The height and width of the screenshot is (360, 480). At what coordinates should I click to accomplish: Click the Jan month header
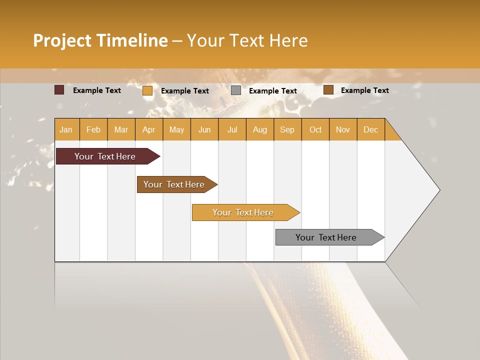(x=66, y=129)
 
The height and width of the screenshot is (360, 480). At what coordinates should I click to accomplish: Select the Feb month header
(x=93, y=129)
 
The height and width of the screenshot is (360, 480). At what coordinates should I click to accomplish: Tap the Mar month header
(x=121, y=129)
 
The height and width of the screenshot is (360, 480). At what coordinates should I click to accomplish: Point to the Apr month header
(x=148, y=129)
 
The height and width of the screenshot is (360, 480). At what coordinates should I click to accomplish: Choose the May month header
(x=176, y=129)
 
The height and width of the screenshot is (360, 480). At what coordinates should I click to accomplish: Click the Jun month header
(x=204, y=129)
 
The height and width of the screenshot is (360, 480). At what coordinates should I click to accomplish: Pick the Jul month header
(x=232, y=129)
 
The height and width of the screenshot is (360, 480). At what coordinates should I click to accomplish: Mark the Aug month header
(x=259, y=129)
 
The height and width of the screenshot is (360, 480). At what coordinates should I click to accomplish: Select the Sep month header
(x=287, y=129)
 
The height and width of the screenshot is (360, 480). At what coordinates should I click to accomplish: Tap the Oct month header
(x=315, y=129)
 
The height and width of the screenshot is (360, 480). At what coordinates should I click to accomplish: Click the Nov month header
(x=343, y=129)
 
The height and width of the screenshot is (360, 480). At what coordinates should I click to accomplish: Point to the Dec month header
(x=370, y=129)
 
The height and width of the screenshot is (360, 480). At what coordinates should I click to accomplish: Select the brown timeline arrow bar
(x=174, y=184)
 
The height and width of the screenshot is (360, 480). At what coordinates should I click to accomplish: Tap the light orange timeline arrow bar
(x=243, y=212)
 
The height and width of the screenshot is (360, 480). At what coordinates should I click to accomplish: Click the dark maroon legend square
(x=59, y=90)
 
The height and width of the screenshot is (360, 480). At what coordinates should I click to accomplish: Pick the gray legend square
(x=236, y=90)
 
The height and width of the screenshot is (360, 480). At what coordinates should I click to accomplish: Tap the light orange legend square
(x=147, y=90)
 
